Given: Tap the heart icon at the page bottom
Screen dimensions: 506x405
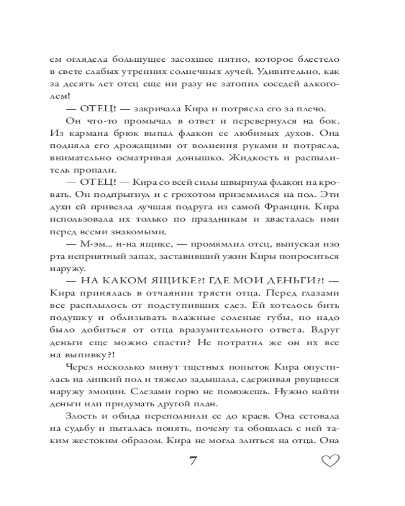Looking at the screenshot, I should [x=330, y=461].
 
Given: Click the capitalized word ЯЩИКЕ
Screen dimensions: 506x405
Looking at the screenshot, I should [x=156, y=282].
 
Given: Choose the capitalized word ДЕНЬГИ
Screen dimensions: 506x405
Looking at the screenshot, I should [x=286, y=282].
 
